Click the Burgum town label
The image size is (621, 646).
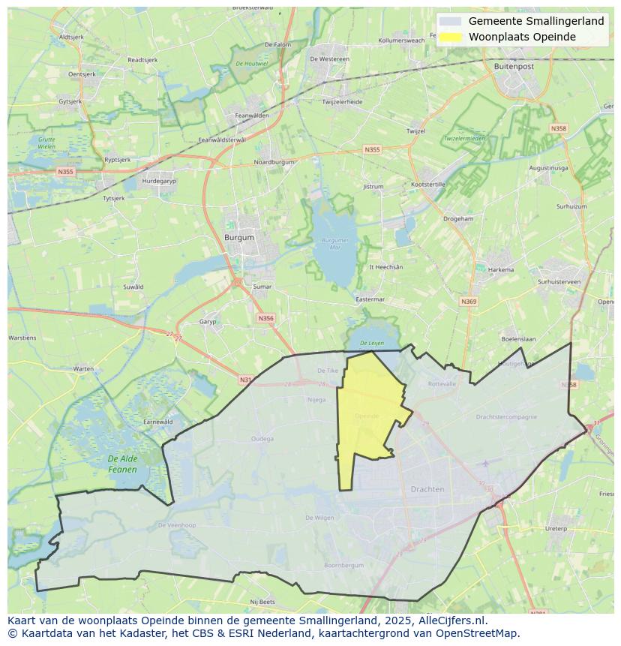point(239,237)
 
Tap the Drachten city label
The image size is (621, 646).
point(427,489)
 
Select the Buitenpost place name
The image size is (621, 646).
point(514,66)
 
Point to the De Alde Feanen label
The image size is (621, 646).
point(122,464)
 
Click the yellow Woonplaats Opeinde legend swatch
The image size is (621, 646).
point(451,37)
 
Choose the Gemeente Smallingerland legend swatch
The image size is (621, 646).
point(451,21)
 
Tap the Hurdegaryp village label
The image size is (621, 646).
point(159,181)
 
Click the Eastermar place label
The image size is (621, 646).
point(370,299)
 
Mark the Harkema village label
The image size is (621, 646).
point(501,269)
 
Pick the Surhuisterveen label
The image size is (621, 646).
point(559,281)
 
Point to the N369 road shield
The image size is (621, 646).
point(469,302)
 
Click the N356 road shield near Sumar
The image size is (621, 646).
point(265,318)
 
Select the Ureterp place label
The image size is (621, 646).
point(556,528)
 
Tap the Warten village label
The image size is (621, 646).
point(84,368)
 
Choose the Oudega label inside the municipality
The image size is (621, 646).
point(262,439)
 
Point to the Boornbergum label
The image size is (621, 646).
point(343,565)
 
